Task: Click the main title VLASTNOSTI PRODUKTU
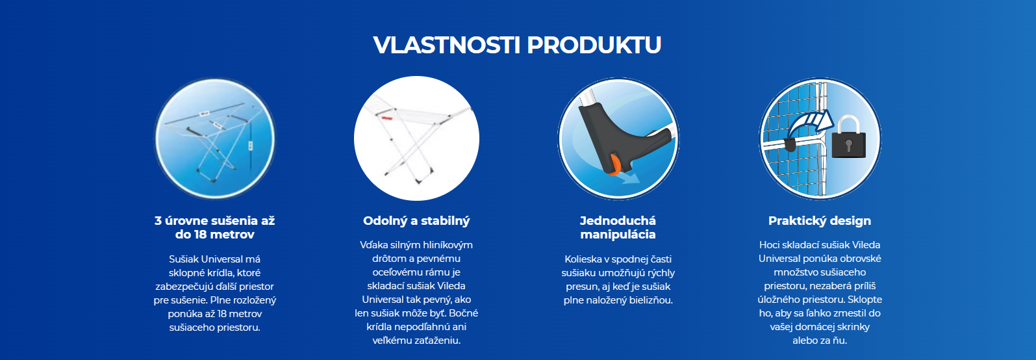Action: click(x=517, y=45)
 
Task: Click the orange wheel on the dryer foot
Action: click(x=614, y=165)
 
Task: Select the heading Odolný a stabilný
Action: click(x=416, y=221)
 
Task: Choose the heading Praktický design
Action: click(x=820, y=221)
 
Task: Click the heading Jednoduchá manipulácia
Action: click(x=618, y=227)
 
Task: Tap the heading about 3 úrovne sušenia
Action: click(x=214, y=227)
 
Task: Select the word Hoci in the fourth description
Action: click(x=768, y=245)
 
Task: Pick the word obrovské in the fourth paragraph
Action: click(x=859, y=259)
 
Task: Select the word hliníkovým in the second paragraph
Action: click(x=445, y=245)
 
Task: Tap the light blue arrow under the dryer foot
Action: click(x=631, y=177)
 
